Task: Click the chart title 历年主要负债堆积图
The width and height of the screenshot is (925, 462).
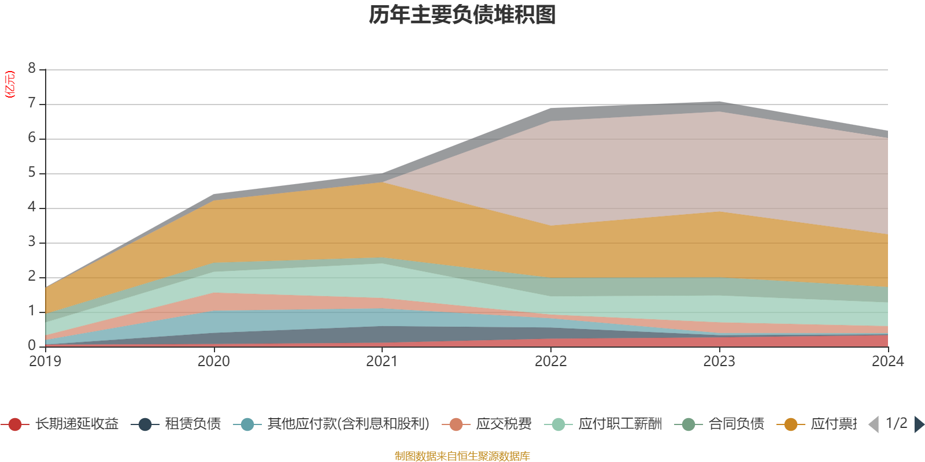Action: click(x=462, y=15)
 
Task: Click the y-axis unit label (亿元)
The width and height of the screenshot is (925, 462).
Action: click(x=10, y=84)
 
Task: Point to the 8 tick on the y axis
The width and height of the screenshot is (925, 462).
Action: click(x=32, y=69)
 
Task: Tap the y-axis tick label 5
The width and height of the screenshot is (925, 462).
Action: click(x=32, y=173)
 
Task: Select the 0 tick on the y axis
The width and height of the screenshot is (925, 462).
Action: click(x=32, y=345)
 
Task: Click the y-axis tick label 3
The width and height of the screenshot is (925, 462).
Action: click(x=32, y=242)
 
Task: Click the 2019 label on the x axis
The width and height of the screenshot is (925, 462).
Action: click(x=45, y=362)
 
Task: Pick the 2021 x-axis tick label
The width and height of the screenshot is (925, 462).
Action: click(x=382, y=362)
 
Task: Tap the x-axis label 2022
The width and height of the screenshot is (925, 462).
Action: click(x=550, y=362)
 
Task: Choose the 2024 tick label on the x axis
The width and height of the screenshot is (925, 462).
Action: click(x=887, y=362)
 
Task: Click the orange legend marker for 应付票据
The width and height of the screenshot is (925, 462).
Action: click(x=790, y=424)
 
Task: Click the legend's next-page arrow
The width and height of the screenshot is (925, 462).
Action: click(x=919, y=424)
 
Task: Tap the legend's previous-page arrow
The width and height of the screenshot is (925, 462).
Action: click(x=874, y=424)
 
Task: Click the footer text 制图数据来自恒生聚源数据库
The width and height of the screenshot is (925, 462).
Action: click(x=462, y=456)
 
